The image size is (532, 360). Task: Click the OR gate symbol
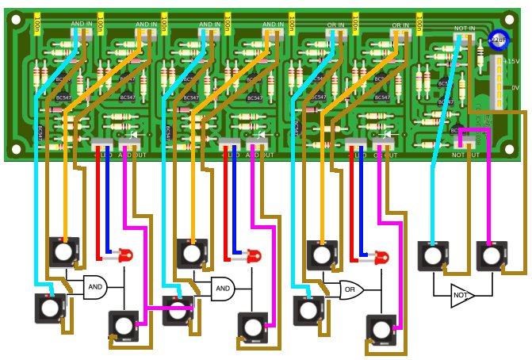point(350,290)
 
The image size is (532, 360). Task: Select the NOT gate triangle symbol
point(461,296)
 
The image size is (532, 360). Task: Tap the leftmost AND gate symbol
point(94,286)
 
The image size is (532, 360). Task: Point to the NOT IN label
point(465,29)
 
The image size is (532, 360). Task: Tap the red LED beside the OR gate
point(381,258)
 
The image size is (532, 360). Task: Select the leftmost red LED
point(124,255)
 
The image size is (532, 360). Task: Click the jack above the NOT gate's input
point(432,255)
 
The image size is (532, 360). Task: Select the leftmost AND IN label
point(82,25)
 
